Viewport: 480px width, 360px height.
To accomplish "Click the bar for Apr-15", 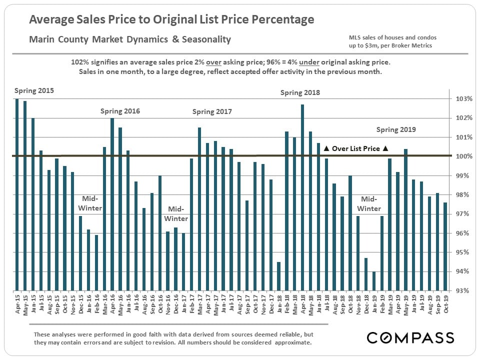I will pyautogui.click(x=17, y=194).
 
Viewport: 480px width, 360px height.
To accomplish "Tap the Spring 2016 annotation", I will pyautogui.click(x=120, y=111).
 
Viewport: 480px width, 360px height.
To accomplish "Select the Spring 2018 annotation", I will pyautogui.click(x=300, y=92).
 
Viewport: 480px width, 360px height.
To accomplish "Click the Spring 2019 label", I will pyautogui.click(x=396, y=129).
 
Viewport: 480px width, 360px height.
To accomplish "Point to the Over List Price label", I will pyautogui.click(x=356, y=148).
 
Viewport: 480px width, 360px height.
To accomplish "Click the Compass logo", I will pyautogui.click(x=410, y=337).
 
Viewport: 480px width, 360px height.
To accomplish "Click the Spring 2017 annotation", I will pyautogui.click(x=212, y=111).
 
